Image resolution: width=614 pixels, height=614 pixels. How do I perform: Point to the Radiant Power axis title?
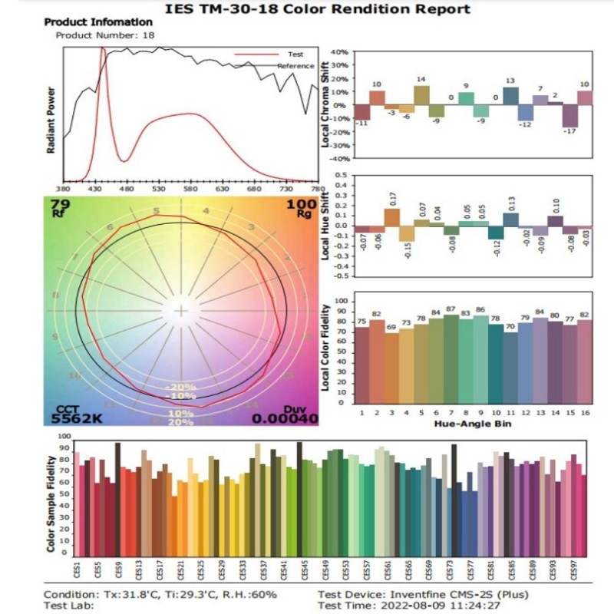(x=51, y=119)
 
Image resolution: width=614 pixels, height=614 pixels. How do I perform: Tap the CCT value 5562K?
(x=76, y=419)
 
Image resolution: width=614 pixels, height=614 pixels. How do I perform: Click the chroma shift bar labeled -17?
(x=569, y=116)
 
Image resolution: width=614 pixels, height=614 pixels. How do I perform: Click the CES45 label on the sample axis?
(x=305, y=573)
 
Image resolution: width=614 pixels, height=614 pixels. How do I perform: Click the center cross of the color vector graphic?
(x=181, y=311)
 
